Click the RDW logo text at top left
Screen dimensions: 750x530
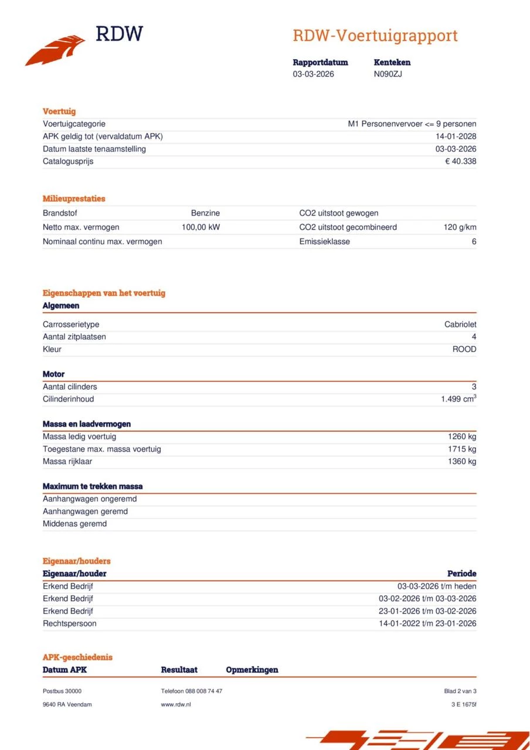click(x=119, y=34)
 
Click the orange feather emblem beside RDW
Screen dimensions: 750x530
click(x=55, y=50)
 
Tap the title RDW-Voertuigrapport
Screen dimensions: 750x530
click(x=375, y=36)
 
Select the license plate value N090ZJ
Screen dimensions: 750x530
click(x=388, y=74)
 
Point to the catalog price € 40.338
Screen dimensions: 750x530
click(x=460, y=161)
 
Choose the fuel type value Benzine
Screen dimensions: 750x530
click(x=205, y=213)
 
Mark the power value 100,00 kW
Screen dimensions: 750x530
click(x=201, y=227)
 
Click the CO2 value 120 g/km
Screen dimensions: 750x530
click(x=460, y=227)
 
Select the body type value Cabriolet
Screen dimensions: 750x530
click(x=460, y=325)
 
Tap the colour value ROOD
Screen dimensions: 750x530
click(x=464, y=349)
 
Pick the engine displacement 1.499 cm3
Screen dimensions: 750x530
click(x=458, y=399)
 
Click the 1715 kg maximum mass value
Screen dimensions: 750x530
click(x=462, y=449)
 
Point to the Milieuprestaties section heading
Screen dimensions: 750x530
click(x=74, y=199)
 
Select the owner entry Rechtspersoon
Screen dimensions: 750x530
click(x=69, y=623)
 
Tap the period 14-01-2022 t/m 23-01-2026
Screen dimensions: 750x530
click(x=427, y=623)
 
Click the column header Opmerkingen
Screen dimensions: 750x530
click(x=252, y=670)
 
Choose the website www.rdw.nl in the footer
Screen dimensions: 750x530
click(x=176, y=704)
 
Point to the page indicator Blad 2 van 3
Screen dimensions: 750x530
click(x=460, y=691)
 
